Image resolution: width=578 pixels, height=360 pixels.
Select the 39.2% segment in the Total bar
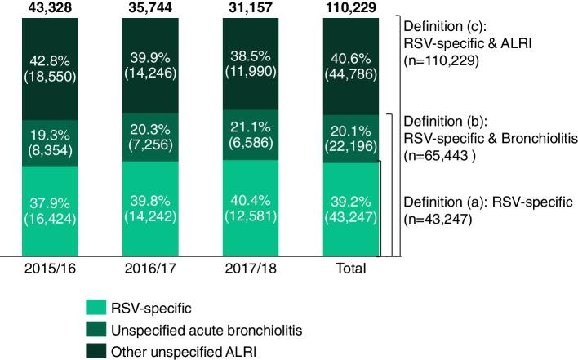pos(353,210)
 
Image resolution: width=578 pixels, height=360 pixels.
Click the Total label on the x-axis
pos(353,268)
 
